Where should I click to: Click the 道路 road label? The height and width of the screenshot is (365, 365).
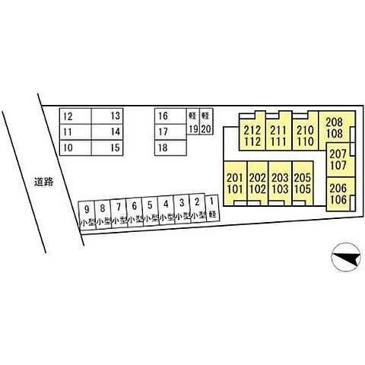pyautogui.click(x=43, y=182)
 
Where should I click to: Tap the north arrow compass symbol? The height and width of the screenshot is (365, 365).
pyautogui.click(x=346, y=257)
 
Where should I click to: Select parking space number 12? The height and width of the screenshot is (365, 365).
pyautogui.click(x=75, y=116)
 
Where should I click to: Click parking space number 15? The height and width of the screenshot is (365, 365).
pyautogui.click(x=107, y=148)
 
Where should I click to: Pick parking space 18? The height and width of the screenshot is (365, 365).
pyautogui.click(x=170, y=148)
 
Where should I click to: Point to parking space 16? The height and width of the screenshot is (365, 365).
pyautogui.click(x=170, y=116)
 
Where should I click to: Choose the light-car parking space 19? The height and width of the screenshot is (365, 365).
pyautogui.click(x=193, y=122)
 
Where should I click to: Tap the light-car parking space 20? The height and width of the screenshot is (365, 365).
pyautogui.click(x=206, y=122)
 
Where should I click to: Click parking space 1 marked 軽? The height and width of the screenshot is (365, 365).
pyautogui.click(x=212, y=208)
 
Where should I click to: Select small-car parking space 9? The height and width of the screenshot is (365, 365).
pyautogui.click(x=87, y=215)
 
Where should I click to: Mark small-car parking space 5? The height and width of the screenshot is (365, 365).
pyautogui.click(x=150, y=211)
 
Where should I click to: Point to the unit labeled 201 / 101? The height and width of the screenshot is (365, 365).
pyautogui.click(x=235, y=183)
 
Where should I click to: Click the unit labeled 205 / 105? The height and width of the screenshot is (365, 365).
pyautogui.click(x=303, y=183)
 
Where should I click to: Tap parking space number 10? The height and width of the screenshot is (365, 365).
pyautogui.click(x=75, y=148)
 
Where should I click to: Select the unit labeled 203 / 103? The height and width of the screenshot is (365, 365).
pyautogui.click(x=280, y=183)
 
